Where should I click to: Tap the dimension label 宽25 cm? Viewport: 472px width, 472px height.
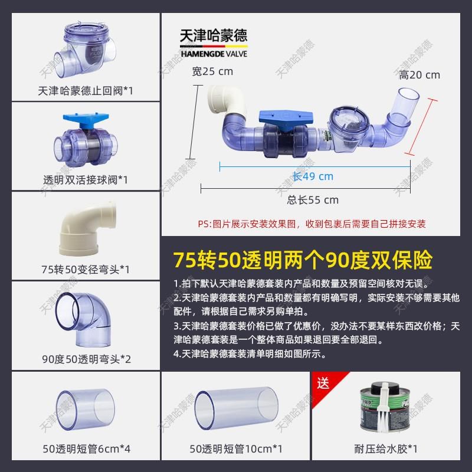tap(213, 72)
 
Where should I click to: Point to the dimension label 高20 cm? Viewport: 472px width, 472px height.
tap(419, 75)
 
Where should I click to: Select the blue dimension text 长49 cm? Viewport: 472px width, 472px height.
tap(313, 176)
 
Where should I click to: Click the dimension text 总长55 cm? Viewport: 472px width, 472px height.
tap(313, 199)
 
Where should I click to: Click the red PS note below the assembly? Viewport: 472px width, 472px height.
tap(312, 224)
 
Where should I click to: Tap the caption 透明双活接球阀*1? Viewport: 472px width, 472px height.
tap(86, 179)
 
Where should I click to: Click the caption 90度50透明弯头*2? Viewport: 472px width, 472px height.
tap(86, 359)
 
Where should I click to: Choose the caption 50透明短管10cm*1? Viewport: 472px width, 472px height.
tap(236, 449)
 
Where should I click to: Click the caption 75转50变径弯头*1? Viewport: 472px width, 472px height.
tap(86, 269)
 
